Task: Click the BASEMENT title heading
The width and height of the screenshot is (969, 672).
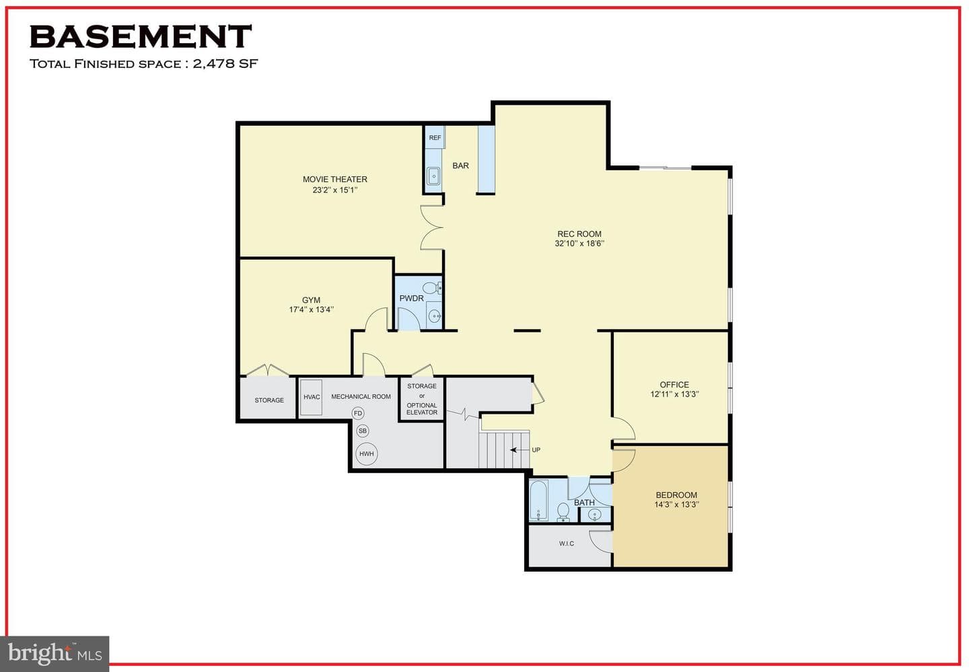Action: click(x=141, y=37)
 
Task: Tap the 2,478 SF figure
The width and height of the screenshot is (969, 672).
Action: click(x=225, y=64)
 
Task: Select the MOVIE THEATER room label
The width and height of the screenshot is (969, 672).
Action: click(x=335, y=179)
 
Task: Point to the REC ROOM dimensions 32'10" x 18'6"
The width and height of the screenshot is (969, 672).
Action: click(x=579, y=244)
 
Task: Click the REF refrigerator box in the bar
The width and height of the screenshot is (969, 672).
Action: click(x=435, y=137)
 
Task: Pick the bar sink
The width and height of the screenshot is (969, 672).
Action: click(x=433, y=176)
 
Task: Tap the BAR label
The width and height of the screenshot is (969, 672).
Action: click(x=461, y=165)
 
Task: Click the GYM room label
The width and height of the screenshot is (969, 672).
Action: click(x=311, y=300)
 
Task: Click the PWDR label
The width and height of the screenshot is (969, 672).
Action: click(x=411, y=299)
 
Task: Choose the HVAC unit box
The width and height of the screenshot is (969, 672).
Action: click(x=312, y=398)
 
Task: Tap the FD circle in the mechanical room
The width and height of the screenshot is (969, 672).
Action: click(x=358, y=414)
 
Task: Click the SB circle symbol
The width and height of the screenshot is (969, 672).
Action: click(x=363, y=431)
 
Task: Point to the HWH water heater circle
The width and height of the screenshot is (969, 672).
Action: click(x=366, y=454)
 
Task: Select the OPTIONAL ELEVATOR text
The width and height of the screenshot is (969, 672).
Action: click(x=422, y=409)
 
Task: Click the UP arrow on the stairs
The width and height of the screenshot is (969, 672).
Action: click(x=519, y=450)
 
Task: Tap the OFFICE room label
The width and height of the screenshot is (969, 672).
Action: click(x=674, y=385)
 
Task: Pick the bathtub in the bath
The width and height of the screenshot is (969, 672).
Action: click(x=538, y=500)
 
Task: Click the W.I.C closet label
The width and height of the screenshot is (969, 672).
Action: click(x=567, y=544)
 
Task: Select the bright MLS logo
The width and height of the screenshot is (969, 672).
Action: click(x=55, y=653)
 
